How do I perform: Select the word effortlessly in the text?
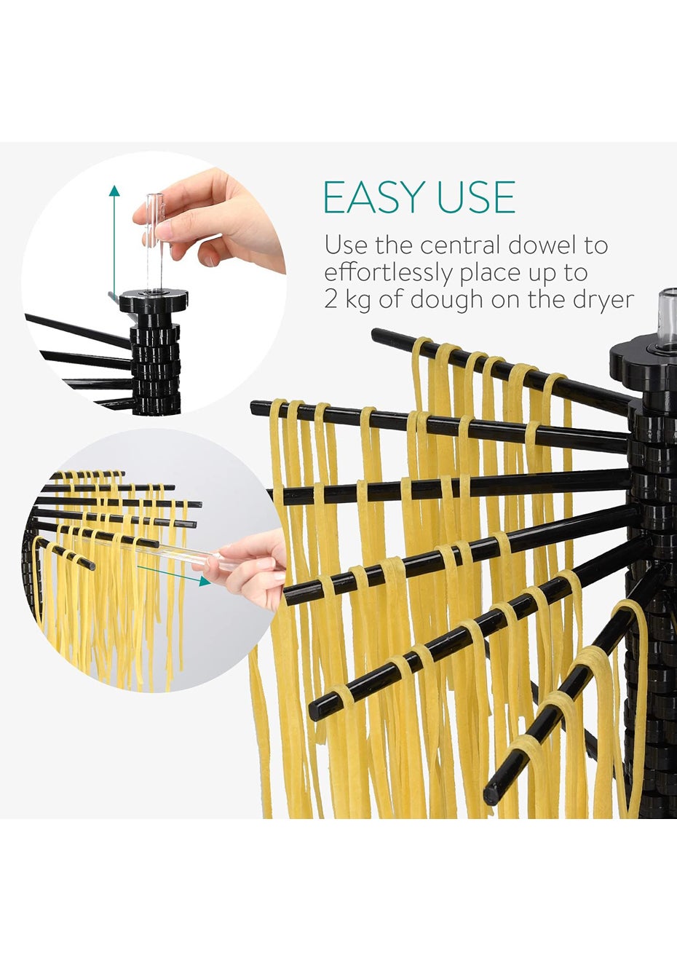[388, 273]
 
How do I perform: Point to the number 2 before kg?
[330, 300]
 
